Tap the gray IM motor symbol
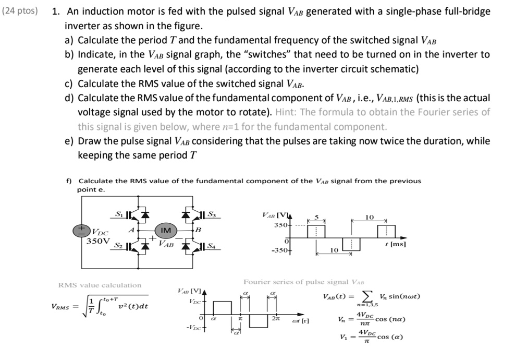point(166,230)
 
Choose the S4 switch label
point(211,246)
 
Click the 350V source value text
point(98,242)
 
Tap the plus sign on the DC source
point(81,229)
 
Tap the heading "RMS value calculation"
point(100,285)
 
